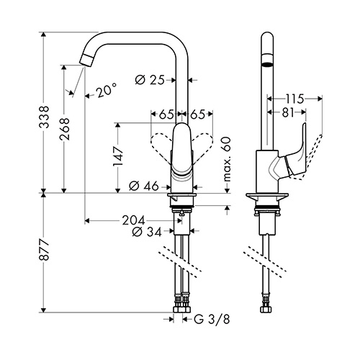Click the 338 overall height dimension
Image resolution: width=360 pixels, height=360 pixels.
(44, 117)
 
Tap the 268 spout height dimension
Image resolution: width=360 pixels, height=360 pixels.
(64, 129)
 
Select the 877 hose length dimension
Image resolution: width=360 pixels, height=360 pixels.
(44, 250)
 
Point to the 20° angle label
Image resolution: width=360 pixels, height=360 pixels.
(107, 90)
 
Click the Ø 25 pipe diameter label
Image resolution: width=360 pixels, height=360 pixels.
(150, 80)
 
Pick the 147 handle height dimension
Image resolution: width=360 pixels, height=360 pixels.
(118, 156)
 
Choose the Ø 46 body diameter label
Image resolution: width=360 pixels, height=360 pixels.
(144, 186)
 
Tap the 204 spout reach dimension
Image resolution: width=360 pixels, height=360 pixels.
(133, 220)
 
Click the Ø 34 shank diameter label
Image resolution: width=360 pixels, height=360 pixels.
(147, 231)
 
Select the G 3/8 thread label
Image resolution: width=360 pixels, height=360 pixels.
(212, 320)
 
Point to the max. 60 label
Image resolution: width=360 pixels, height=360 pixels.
(227, 159)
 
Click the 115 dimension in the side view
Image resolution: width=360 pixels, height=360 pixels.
(294, 99)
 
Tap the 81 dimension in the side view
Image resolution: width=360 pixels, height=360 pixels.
(288, 112)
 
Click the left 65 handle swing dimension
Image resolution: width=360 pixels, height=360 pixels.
(166, 114)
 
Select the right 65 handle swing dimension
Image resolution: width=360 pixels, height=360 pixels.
(198, 114)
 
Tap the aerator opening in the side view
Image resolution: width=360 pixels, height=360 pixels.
(267, 64)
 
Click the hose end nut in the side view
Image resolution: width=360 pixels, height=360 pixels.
(265, 310)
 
